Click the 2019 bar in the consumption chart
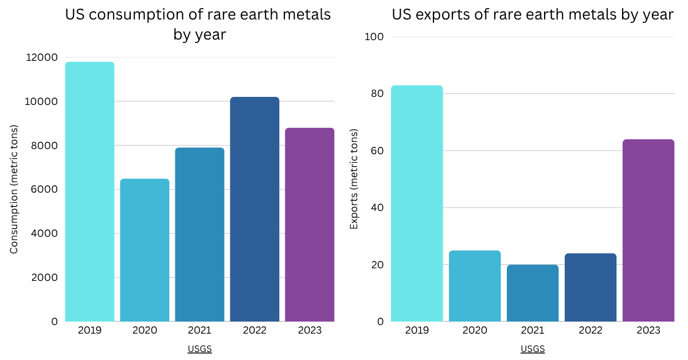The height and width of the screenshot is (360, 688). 89,191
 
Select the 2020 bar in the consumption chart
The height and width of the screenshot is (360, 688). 144,250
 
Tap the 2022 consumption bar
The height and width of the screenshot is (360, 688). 255,209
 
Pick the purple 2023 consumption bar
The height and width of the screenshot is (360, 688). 310,225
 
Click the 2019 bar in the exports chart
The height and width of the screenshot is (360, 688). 417,204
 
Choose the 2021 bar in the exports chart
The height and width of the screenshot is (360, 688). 533,293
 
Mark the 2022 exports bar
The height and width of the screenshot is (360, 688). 591,287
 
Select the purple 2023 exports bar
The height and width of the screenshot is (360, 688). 648,230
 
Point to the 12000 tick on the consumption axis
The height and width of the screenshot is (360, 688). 42,57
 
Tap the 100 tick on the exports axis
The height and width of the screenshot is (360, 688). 374,37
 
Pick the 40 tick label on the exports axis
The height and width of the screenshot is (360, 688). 376,208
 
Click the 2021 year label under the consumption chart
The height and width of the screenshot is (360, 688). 200,331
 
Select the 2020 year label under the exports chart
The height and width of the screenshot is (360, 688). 475,331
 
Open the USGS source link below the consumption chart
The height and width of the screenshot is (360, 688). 200,349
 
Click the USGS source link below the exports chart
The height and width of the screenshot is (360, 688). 533,349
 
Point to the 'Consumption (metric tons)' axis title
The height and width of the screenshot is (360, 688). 14,189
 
